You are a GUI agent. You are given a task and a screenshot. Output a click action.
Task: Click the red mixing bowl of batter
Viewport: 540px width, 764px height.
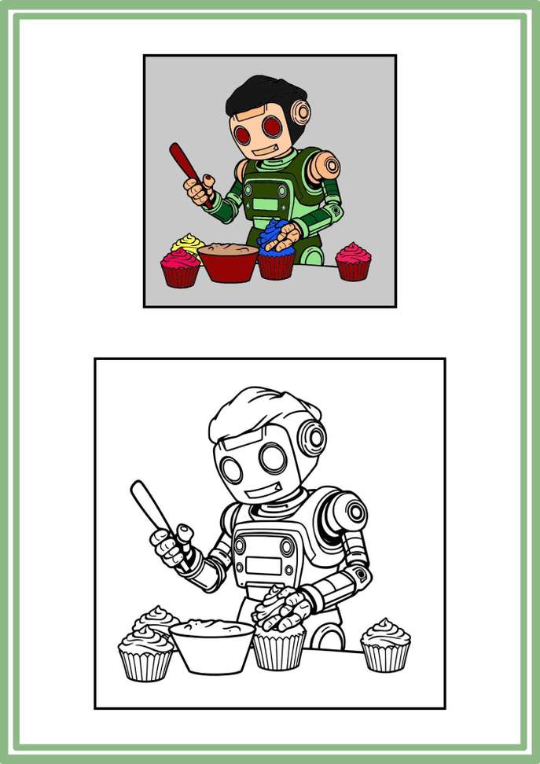click(229, 264)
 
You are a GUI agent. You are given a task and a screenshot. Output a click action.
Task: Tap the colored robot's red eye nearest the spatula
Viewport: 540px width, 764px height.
click(245, 135)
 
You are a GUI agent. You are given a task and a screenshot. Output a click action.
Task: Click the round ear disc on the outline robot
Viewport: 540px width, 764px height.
click(314, 437)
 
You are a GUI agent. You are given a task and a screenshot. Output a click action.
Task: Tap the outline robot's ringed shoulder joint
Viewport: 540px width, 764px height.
click(353, 512)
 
